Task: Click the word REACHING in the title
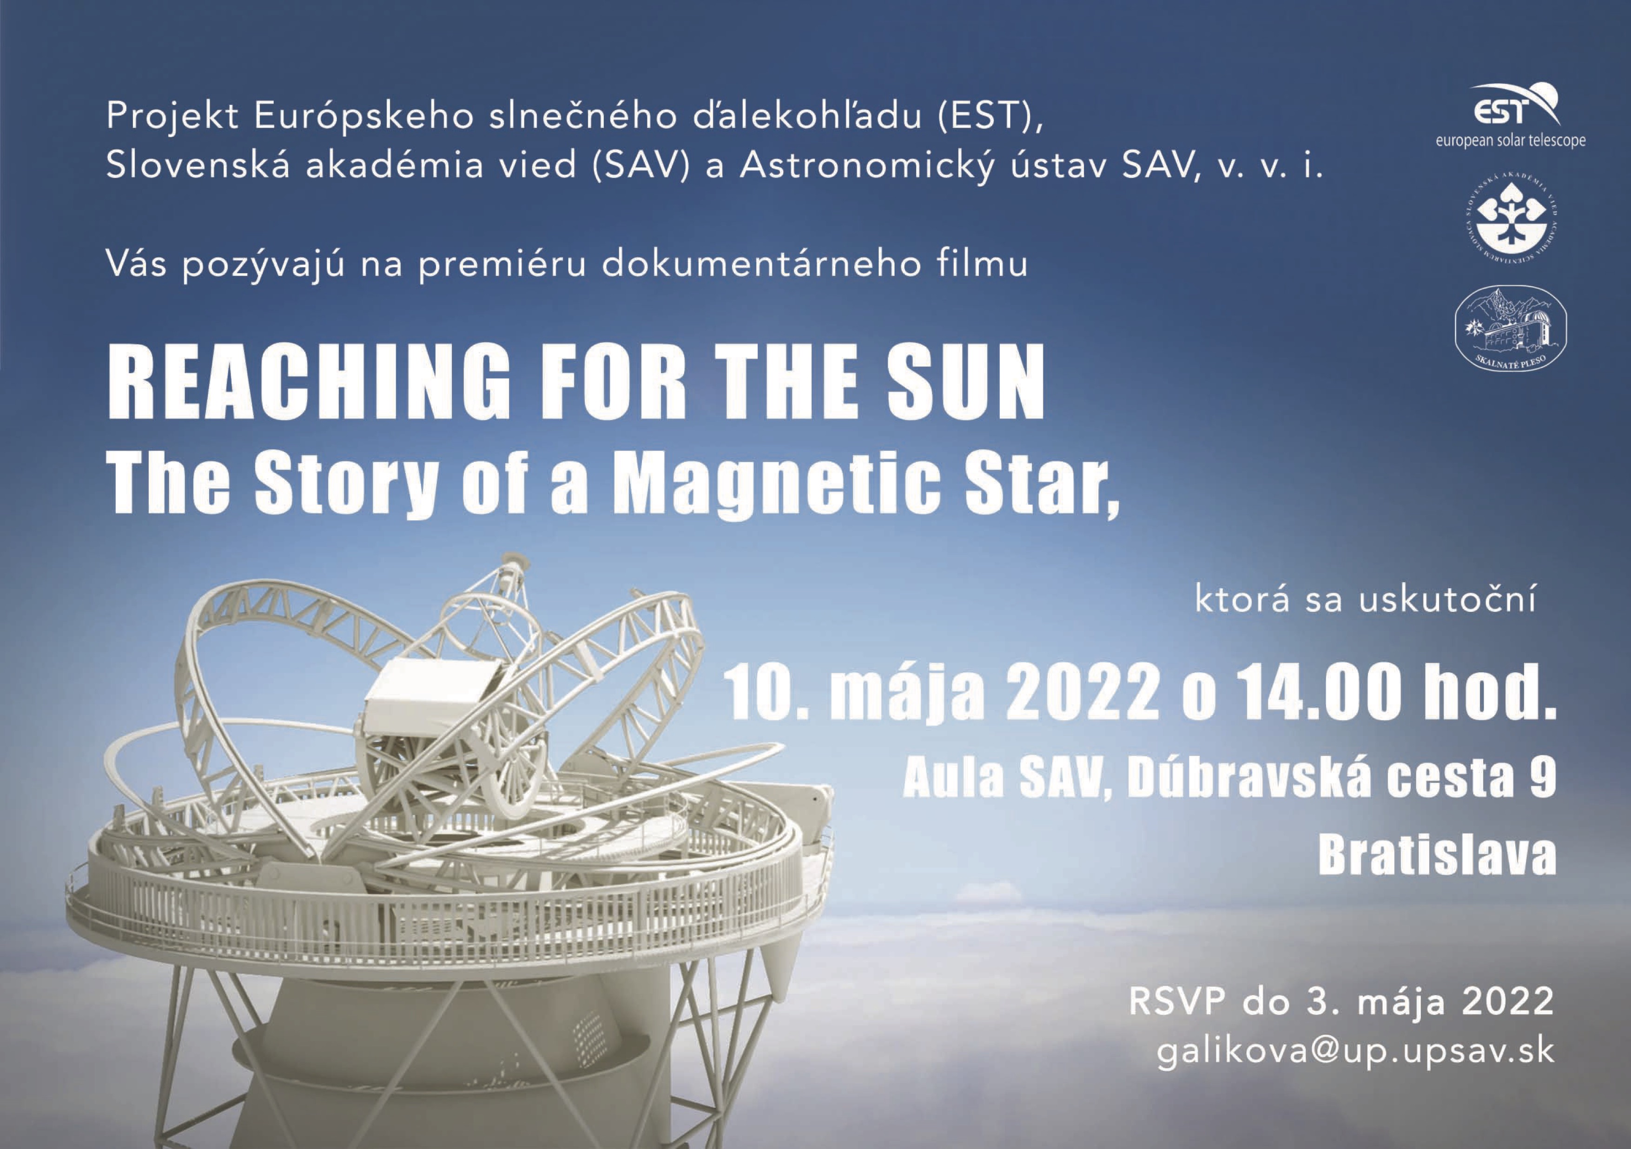309,384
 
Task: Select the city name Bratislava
1437,856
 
